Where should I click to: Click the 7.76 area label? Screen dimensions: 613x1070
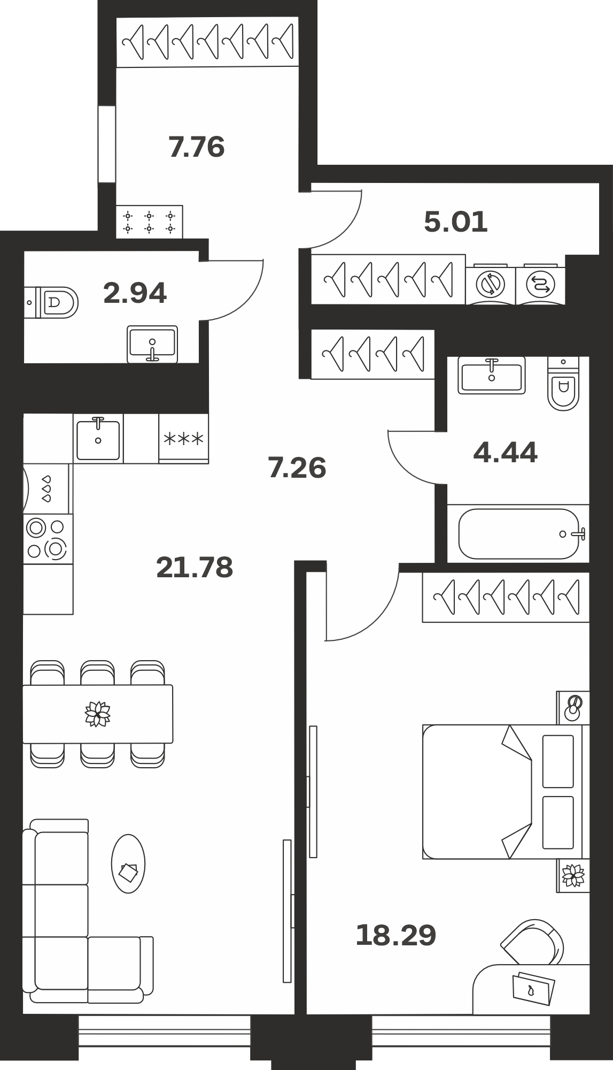coord(197,147)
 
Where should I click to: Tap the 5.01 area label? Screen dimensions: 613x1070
coord(456,222)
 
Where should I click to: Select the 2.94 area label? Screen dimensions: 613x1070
coord(135,293)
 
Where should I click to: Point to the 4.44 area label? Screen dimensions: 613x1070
coord(505,453)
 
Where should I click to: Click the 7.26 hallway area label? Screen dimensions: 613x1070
coord(297,468)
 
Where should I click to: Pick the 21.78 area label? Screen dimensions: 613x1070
coord(195,568)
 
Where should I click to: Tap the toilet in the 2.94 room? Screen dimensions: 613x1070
coord(52,302)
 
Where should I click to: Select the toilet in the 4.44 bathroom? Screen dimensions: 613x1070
coord(564,384)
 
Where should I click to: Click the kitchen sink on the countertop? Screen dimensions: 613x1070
coord(98,440)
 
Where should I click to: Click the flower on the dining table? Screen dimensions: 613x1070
coord(98,714)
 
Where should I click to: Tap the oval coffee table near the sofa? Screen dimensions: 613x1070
coord(128,863)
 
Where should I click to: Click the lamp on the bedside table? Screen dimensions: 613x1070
coord(573,707)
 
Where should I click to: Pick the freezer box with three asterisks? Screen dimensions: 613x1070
coord(183,439)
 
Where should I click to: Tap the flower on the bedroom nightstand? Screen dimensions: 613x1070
coord(573,875)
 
